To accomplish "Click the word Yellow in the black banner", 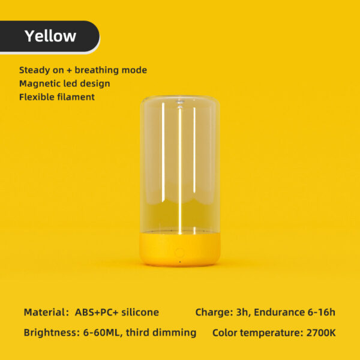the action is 50,36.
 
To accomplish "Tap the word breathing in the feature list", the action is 97,70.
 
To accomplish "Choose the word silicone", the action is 140,312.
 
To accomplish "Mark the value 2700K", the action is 321,332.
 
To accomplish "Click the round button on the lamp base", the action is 179,253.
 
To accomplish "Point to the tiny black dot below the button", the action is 180,262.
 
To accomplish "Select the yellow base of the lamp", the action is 180,250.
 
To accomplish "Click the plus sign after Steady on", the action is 69,70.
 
